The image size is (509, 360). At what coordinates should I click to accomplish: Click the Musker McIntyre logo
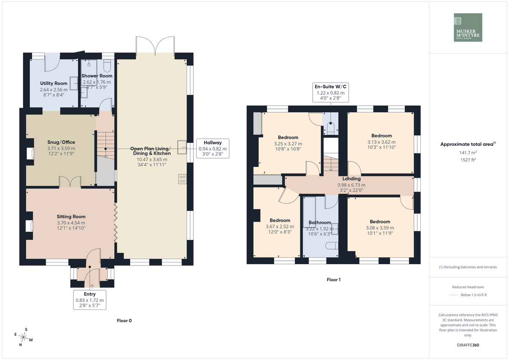tap(468, 27)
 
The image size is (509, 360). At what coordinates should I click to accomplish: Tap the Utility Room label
tap(53, 84)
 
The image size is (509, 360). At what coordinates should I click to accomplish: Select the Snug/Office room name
tap(61, 142)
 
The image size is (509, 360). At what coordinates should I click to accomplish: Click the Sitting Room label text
tap(71, 217)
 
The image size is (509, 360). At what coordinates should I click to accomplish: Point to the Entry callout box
tap(90, 300)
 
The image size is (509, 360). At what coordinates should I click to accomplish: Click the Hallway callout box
tap(213, 148)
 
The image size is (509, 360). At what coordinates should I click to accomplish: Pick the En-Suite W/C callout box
tap(330, 92)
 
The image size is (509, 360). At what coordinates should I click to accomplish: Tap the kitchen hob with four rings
tap(182, 179)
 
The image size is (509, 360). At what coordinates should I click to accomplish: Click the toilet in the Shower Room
tap(107, 66)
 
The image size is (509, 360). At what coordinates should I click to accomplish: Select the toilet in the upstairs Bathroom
tap(332, 246)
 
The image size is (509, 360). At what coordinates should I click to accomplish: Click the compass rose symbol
tap(23, 337)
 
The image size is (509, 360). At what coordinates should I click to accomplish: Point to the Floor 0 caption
tap(124, 321)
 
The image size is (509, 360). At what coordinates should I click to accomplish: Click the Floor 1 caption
tap(333, 279)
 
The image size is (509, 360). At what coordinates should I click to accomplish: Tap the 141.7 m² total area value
tap(468, 153)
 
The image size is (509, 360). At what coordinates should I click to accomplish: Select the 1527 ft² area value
tap(468, 160)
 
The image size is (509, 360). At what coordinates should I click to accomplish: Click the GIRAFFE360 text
tap(468, 345)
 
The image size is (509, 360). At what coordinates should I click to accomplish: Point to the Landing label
tap(352, 179)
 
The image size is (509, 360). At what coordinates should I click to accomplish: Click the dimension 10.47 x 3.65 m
tap(152, 159)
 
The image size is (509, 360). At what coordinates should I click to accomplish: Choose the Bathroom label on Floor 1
tap(320, 222)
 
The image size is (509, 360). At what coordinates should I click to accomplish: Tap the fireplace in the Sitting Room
tap(29, 226)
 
